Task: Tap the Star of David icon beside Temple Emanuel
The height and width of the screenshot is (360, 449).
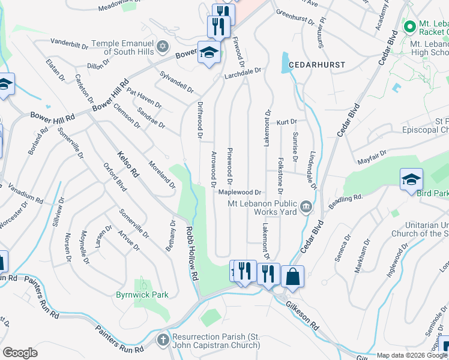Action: point(161,47)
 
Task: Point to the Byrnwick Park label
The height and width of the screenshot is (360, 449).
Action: point(142,295)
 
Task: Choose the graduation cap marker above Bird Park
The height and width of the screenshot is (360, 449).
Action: point(411,179)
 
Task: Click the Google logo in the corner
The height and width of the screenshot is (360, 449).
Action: point(20,352)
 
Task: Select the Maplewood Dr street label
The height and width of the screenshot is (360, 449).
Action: point(240,193)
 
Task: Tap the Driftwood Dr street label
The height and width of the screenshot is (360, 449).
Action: point(200,121)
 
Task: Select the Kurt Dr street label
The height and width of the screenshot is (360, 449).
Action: point(287,122)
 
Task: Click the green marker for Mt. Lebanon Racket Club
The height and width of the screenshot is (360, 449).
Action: point(410,26)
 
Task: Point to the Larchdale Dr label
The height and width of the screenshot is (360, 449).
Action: point(243,70)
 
